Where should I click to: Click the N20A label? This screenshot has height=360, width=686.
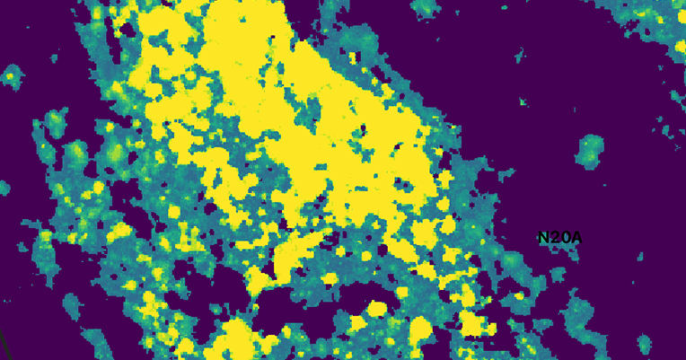560,238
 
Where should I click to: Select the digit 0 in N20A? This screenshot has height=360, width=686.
565,238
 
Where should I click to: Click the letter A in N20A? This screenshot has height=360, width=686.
576,238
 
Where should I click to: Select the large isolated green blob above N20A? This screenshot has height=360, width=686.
590,151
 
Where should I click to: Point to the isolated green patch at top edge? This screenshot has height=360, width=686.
423,7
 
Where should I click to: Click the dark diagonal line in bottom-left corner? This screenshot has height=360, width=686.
3,346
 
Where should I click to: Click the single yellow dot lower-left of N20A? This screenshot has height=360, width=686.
519,295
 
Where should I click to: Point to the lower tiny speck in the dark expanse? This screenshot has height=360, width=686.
523,102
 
